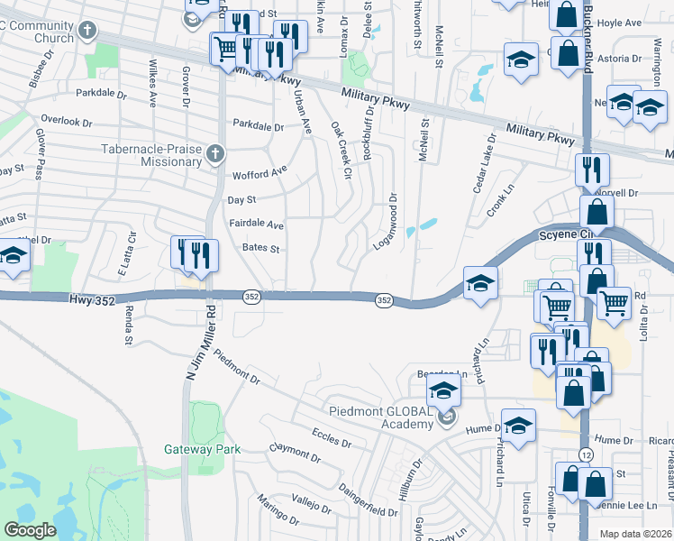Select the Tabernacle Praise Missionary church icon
click(214, 154)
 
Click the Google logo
click(30, 530)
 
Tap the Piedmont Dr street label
click(237, 372)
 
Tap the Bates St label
click(261, 248)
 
